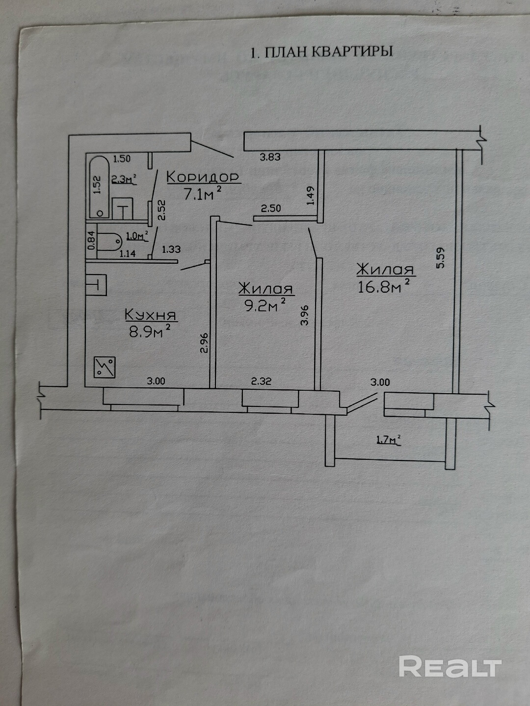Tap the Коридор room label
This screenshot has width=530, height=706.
(203, 176)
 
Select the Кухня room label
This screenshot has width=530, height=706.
(150, 315)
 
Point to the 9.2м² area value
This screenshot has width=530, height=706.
(265, 306)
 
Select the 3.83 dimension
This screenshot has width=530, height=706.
(270, 157)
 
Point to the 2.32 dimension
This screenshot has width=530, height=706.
(261, 381)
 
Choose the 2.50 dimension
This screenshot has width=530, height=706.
(270, 208)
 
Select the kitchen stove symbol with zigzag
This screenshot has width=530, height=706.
(105, 367)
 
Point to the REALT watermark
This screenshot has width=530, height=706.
(450, 667)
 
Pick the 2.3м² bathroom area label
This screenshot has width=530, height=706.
(123, 179)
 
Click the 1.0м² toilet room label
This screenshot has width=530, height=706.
(136, 236)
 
